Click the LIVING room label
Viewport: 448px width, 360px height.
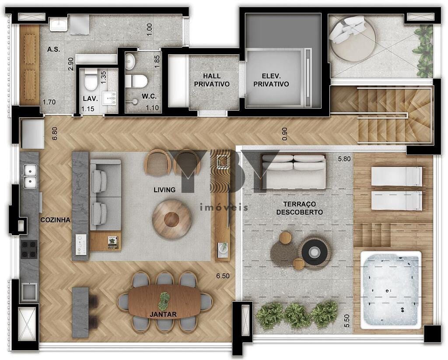click(164, 190)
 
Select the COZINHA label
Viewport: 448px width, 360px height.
click(55, 220)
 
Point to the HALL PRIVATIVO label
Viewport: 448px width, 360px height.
click(212, 80)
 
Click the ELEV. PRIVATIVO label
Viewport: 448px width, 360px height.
click(271, 80)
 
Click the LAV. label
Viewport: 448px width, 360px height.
click(91, 98)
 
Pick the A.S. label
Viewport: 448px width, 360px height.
click(54, 49)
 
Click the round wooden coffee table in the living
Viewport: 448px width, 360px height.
click(172, 219)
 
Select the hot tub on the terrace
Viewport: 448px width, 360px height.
click(391, 289)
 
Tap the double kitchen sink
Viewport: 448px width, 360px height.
click(30, 176)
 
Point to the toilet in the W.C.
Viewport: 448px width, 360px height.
click(137, 81)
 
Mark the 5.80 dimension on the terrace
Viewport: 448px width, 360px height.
click(344, 159)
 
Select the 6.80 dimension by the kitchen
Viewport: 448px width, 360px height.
click(55, 133)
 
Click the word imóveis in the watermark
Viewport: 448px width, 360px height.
click(224, 207)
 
